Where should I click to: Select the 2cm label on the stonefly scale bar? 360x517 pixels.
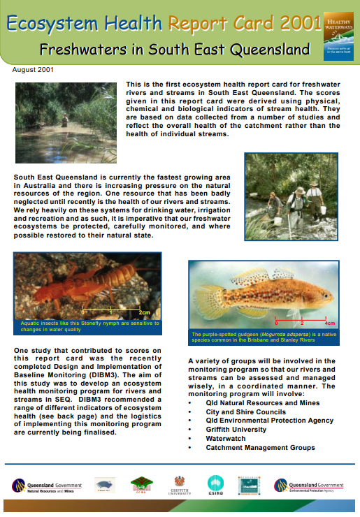(145, 312)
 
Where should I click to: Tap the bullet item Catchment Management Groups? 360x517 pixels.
(260, 448)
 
